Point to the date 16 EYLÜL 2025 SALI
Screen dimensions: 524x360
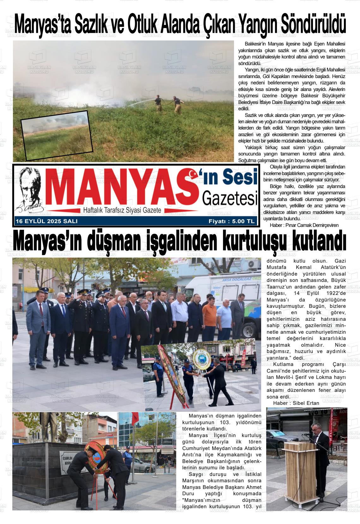click(x=47, y=222)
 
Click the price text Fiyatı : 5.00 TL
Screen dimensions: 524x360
click(x=231, y=222)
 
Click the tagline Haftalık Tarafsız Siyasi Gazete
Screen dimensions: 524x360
click(x=122, y=210)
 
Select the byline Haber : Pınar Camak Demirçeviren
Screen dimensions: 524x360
click(x=304, y=225)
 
